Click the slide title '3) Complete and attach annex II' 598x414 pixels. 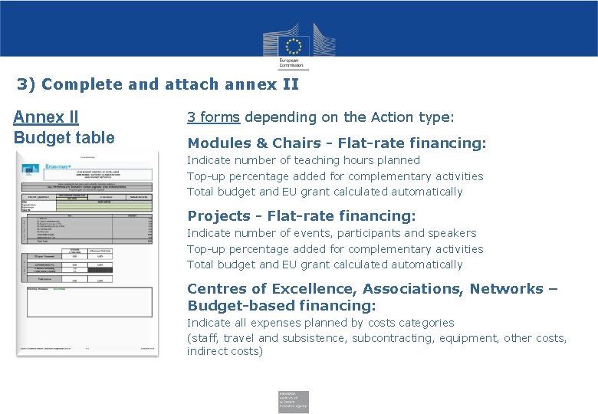[158, 84]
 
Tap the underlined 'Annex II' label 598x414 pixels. [45, 117]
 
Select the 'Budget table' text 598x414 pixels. [64, 138]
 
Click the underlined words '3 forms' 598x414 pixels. [214, 117]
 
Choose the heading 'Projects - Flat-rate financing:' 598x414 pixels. [301, 216]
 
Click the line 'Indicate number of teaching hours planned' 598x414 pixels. [304, 160]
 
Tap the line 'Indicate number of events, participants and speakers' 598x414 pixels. [332, 233]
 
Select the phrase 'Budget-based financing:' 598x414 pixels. [281, 306]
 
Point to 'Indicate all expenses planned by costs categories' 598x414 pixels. [320, 323]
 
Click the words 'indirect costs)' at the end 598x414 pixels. [225, 351]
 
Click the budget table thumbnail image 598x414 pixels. [87, 253]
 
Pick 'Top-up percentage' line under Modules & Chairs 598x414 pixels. [335, 176]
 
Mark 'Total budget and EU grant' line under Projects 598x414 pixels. [325, 264]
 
